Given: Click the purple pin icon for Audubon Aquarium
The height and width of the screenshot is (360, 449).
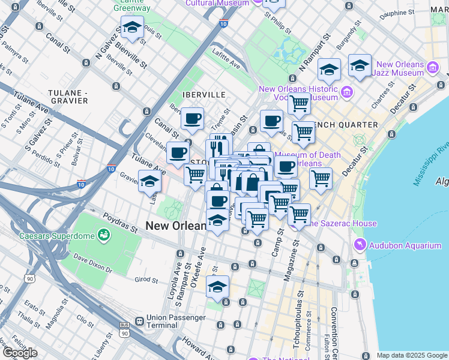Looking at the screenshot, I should click(x=360, y=244).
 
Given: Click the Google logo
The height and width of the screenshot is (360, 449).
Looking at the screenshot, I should click(x=20, y=353).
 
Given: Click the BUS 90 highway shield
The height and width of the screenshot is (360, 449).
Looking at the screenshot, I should click(x=124, y=332).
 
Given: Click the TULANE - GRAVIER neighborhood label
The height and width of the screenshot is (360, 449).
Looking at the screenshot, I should click(x=68, y=97).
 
